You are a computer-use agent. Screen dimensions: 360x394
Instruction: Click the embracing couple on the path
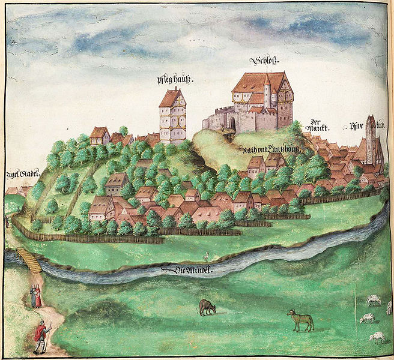coord(36,296)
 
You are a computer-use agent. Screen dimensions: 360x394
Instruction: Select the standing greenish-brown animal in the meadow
coord(300,320)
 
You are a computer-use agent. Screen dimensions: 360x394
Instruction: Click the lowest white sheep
coord(377,337)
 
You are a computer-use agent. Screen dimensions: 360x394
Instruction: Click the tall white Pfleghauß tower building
coord(172,117)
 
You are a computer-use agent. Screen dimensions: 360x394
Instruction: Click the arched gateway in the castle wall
coord(232,123)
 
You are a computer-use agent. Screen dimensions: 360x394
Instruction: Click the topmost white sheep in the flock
coord(374,298)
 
